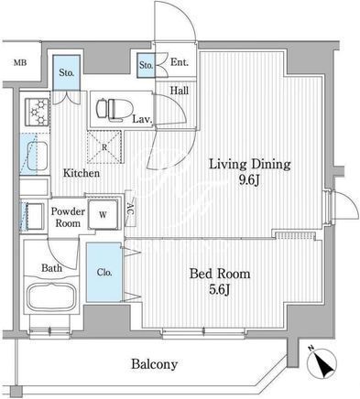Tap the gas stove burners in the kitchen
tap(38, 112)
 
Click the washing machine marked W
tap(104, 214)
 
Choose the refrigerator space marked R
tap(104, 147)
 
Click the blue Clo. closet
tap(104, 272)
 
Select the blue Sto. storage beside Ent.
tap(146, 65)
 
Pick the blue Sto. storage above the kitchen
tap(67, 72)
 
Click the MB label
tap(20, 63)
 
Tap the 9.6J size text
tap(249, 181)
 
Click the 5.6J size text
tap(219, 290)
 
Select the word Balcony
tap(154, 364)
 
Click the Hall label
tap(180, 91)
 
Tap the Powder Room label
tap(68, 217)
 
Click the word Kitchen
tap(82, 173)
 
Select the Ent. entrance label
tap(180, 62)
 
